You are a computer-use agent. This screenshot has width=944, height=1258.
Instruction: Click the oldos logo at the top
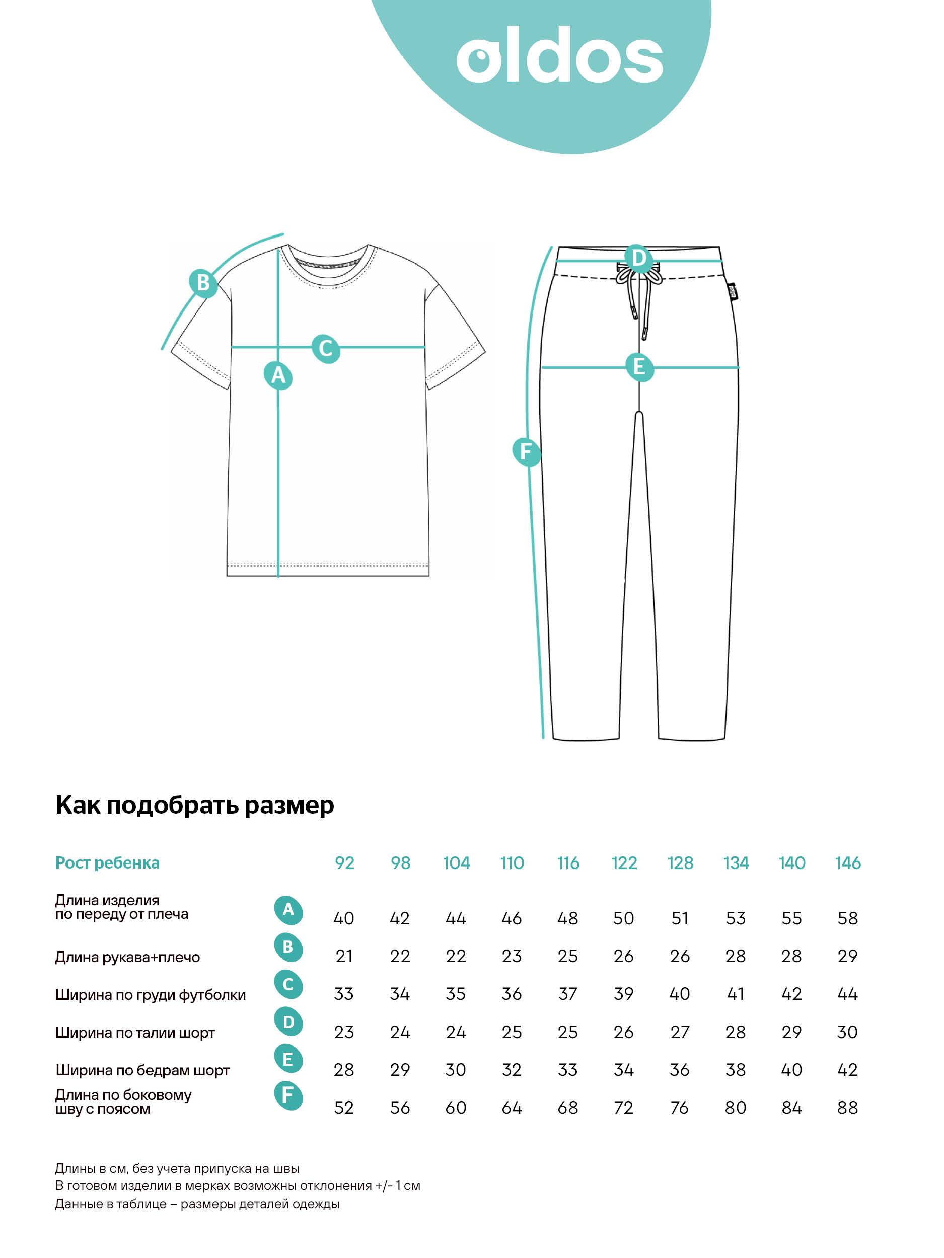point(559,55)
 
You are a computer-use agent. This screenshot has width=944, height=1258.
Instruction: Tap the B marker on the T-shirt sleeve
point(203,282)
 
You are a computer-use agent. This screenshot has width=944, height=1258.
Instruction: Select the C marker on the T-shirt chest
point(325,348)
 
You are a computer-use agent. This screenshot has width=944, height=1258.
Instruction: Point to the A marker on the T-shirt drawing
point(278,375)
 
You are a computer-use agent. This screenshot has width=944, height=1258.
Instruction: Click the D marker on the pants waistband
point(638,258)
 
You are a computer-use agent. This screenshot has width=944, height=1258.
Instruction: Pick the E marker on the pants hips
point(639,367)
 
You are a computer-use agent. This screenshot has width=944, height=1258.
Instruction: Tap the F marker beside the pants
point(526,451)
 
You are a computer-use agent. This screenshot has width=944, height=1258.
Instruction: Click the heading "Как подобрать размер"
point(195,805)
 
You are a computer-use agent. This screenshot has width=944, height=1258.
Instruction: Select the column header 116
point(567,863)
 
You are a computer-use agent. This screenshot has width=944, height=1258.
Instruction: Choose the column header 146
point(847,863)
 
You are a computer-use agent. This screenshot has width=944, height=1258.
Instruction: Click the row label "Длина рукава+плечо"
point(127,957)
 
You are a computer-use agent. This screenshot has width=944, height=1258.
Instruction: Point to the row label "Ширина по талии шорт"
point(135,1032)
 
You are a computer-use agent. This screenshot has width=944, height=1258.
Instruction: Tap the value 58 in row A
point(847,918)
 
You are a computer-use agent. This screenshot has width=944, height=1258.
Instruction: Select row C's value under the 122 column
point(623,994)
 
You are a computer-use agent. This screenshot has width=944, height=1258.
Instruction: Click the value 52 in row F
point(344,1108)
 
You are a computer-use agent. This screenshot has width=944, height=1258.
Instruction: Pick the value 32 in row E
point(512,1070)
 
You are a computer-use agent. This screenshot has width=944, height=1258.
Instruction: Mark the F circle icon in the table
point(288,1095)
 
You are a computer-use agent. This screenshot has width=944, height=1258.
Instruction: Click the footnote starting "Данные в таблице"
point(197,1204)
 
